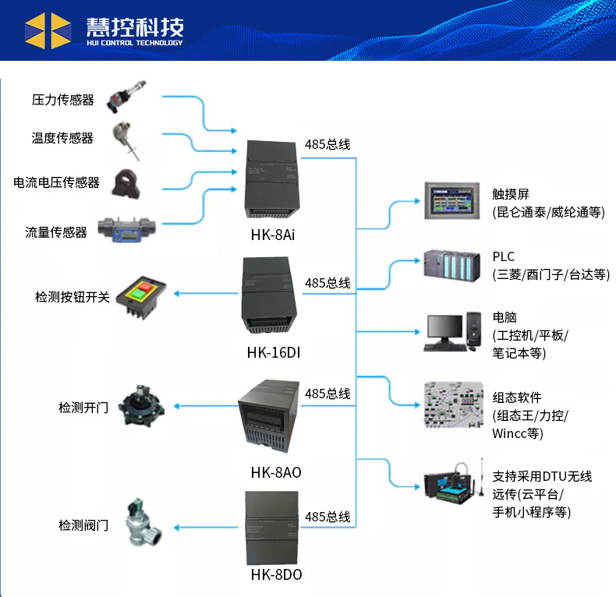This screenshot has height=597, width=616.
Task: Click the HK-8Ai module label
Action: pyautogui.click(x=273, y=234)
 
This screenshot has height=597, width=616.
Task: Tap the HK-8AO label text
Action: pyautogui.click(x=276, y=472)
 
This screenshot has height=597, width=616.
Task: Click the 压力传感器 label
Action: pyautogui.click(x=62, y=100)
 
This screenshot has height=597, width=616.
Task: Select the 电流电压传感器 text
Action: pyautogui.click(x=57, y=182)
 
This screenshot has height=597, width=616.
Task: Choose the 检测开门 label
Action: pyautogui.click(x=83, y=407)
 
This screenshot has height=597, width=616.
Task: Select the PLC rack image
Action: pyautogui.click(x=453, y=263)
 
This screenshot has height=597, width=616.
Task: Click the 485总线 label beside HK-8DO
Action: pyautogui.click(x=327, y=517)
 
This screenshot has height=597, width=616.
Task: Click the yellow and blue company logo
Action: pyautogui.click(x=48, y=30)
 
